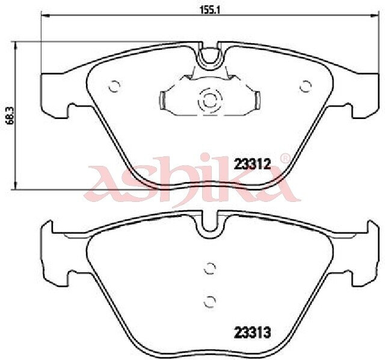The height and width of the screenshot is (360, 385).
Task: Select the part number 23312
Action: coord(252,164)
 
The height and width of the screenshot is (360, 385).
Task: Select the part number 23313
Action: coord(253,333)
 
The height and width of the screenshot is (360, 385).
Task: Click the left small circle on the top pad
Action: coord(114,86)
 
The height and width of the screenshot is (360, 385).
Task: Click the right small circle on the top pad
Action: coord(306,86)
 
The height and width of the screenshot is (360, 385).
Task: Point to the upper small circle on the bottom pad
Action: coord(210,269)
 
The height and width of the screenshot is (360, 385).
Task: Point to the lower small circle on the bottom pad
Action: coord(210,301)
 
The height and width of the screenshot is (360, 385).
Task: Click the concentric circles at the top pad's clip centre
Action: coord(211,100)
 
